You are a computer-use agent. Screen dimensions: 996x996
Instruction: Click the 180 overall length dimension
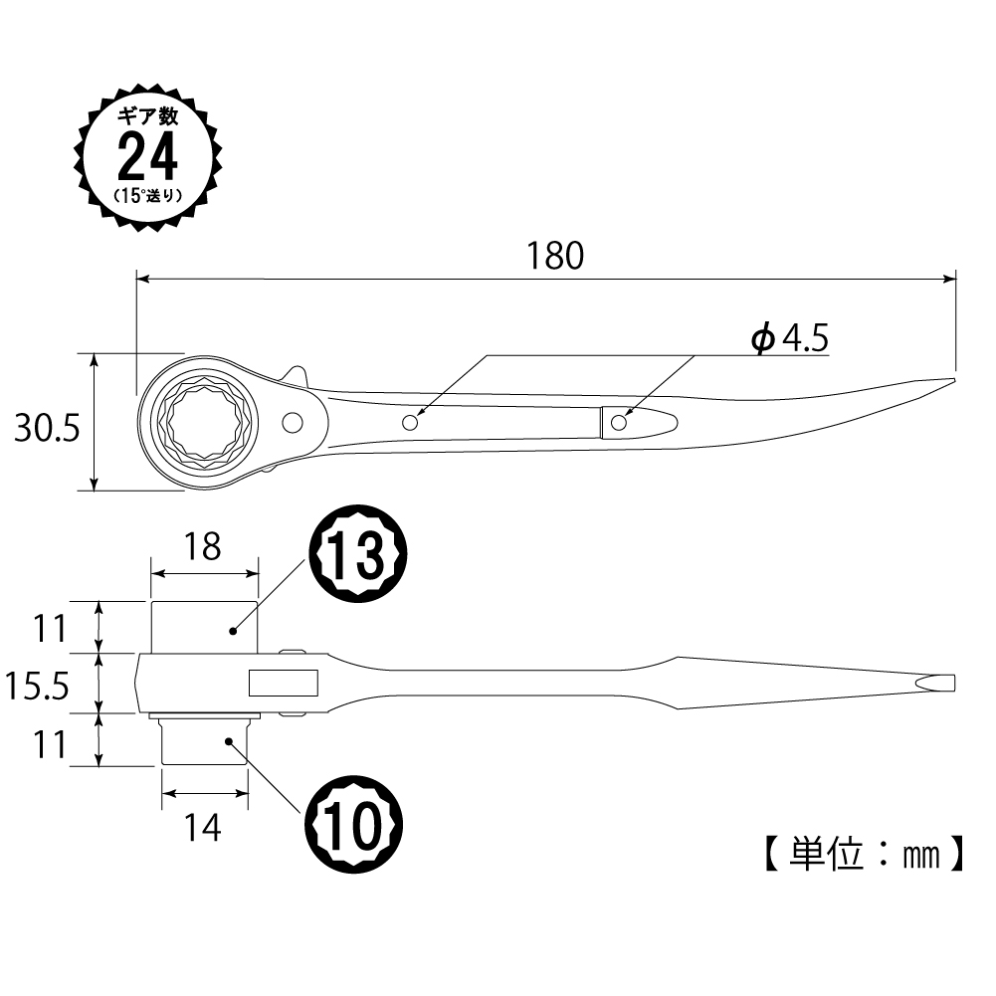tap(555, 256)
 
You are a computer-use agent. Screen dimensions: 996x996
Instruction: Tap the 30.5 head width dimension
tap(48, 428)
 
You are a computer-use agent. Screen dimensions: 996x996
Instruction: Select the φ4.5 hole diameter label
tap(790, 337)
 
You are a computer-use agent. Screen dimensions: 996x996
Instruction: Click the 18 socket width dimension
tap(203, 546)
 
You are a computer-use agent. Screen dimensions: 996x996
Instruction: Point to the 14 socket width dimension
tap(203, 828)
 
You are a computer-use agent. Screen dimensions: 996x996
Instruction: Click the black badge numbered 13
tap(357, 553)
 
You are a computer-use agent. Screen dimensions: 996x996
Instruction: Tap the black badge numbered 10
tap(354, 826)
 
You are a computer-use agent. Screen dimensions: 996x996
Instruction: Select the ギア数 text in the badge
tap(148, 116)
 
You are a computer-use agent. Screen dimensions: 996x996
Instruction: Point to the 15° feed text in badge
tap(148, 195)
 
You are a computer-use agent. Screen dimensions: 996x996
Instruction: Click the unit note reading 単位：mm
tap(865, 855)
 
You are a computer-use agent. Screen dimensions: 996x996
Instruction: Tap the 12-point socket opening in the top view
tap(204, 423)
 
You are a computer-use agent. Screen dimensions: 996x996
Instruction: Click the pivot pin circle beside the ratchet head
tap(293, 423)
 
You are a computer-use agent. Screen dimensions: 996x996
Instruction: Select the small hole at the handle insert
tap(619, 423)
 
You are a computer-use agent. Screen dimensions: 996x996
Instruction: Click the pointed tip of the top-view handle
tap(955, 380)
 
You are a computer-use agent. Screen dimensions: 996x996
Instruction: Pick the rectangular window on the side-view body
tap(284, 683)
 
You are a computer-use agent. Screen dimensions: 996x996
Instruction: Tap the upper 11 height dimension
tap(50, 629)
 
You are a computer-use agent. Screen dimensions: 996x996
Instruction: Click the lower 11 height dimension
tap(50, 745)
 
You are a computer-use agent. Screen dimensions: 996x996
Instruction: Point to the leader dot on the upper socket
tap(233, 631)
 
